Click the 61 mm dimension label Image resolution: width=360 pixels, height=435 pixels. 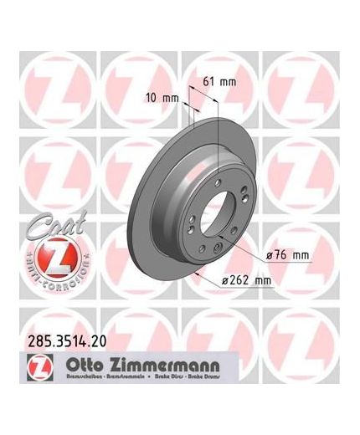click(220, 81)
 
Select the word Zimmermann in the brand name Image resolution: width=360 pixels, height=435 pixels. click(159, 364)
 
